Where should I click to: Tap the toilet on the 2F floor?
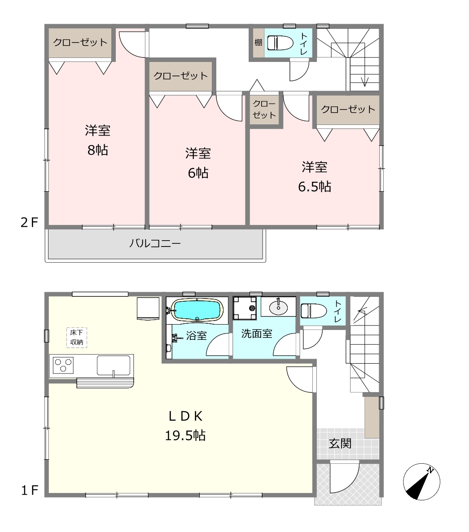point(280,43)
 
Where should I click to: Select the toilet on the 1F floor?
point(314,311)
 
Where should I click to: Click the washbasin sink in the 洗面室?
point(278,308)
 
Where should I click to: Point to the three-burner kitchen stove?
point(63,366)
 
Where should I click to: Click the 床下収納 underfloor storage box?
point(77,337)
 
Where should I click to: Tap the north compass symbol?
point(421,482)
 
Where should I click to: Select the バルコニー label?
point(155,243)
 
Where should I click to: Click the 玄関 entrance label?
point(340,444)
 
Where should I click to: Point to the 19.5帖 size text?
point(185,435)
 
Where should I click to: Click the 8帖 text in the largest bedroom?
point(98,149)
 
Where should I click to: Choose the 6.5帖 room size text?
point(315,186)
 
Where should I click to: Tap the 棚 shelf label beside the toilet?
point(259,42)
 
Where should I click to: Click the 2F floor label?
point(30,223)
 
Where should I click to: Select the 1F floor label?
point(30,490)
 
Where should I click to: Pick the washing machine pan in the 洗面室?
point(245,308)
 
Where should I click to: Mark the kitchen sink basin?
point(114,365)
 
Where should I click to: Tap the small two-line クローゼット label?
point(264,109)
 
